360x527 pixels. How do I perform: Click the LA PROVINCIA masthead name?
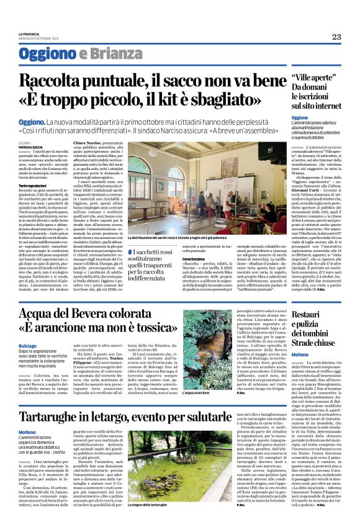[x=29, y=34]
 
